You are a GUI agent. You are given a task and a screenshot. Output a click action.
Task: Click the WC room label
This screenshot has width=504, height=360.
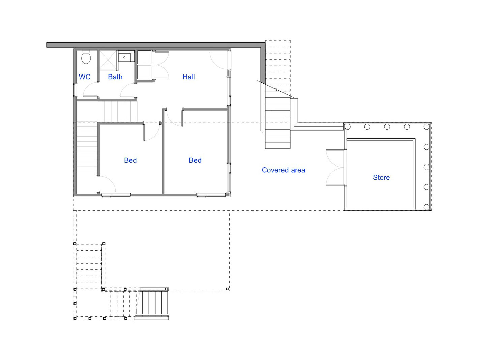click(85, 77)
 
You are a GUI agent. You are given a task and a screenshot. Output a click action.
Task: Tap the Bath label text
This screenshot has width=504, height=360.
click(115, 77)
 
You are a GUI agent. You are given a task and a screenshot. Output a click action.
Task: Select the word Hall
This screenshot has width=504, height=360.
click(188, 77)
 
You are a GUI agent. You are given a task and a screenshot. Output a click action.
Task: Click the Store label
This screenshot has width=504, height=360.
click(381, 177)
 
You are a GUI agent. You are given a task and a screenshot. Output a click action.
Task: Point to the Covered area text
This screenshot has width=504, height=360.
click(284, 170)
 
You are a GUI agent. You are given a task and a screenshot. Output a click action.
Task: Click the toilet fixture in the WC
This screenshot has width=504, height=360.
click(86, 57)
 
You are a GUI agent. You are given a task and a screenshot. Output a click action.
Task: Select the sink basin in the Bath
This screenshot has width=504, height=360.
click(124, 57)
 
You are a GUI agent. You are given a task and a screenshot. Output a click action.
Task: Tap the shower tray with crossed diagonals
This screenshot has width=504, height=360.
click(108, 60)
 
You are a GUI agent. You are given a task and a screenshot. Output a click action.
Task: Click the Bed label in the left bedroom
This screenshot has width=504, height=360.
click(130, 160)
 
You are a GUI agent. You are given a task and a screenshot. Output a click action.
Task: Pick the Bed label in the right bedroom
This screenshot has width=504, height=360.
click(195, 160)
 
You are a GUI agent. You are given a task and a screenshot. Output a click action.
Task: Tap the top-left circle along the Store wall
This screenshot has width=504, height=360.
click(347, 127)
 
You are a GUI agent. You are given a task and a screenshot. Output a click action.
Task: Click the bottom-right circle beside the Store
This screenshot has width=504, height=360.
click(426, 207)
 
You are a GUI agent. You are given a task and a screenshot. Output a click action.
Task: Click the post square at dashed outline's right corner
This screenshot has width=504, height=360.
click(227, 289)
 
